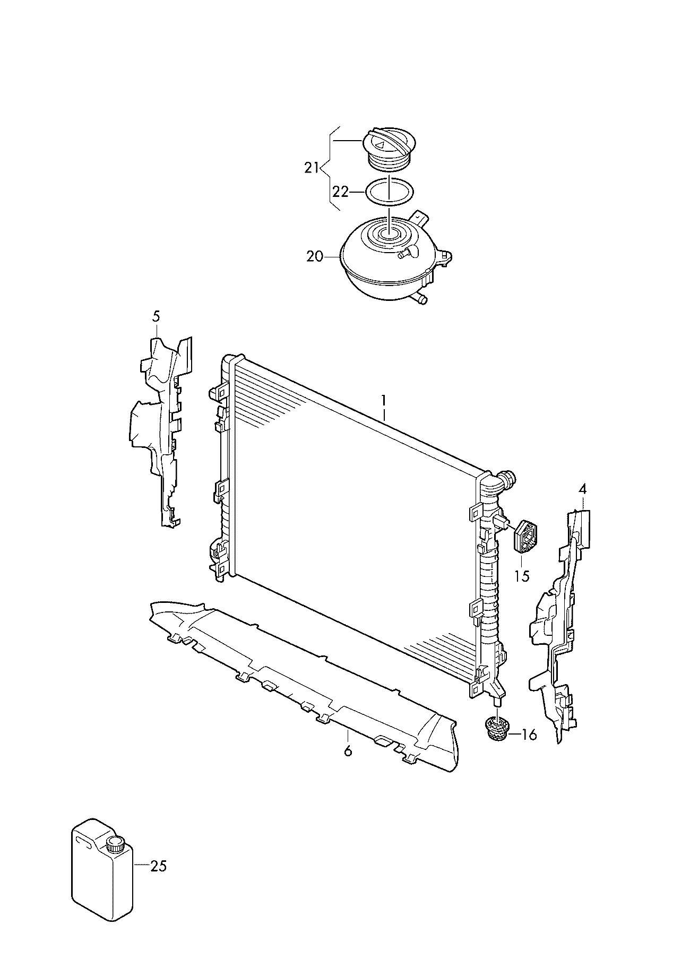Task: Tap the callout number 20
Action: (314, 256)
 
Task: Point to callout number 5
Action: (156, 317)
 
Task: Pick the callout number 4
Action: (583, 490)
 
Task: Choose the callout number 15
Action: (522, 576)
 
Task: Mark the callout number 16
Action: (529, 735)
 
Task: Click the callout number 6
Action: (348, 750)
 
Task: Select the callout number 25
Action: (158, 866)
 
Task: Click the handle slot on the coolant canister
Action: (84, 841)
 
